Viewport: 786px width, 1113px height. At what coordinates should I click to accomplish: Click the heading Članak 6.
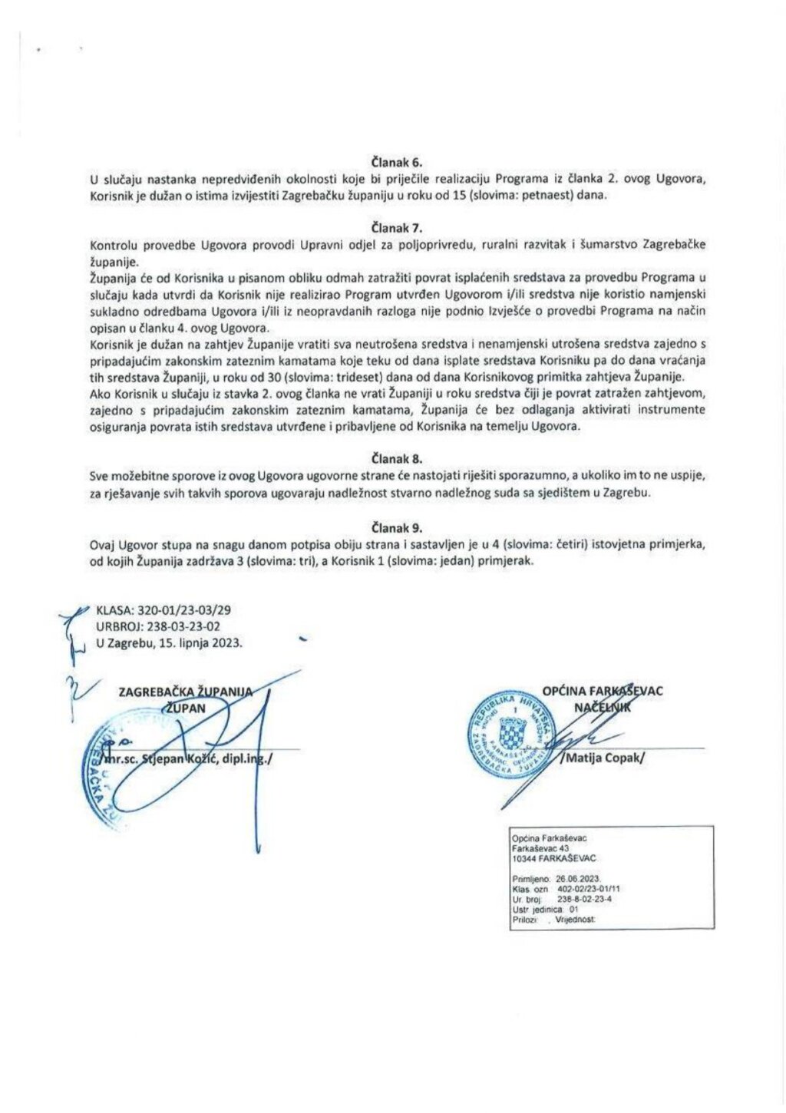(396, 163)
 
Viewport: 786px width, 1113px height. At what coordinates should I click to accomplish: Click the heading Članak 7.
(396, 228)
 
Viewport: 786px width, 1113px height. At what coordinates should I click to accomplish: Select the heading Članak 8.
(396, 459)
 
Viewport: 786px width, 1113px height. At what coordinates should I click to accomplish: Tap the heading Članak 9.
(396, 528)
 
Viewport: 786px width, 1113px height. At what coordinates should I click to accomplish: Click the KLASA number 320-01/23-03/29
(183, 611)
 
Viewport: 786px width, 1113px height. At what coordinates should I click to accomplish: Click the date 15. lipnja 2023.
(201, 642)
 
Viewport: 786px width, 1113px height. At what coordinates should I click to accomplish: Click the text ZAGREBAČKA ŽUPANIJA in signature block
(184, 692)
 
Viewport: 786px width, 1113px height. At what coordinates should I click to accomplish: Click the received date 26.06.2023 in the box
(580, 877)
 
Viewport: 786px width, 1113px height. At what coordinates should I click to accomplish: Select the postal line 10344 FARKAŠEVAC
(553, 858)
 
